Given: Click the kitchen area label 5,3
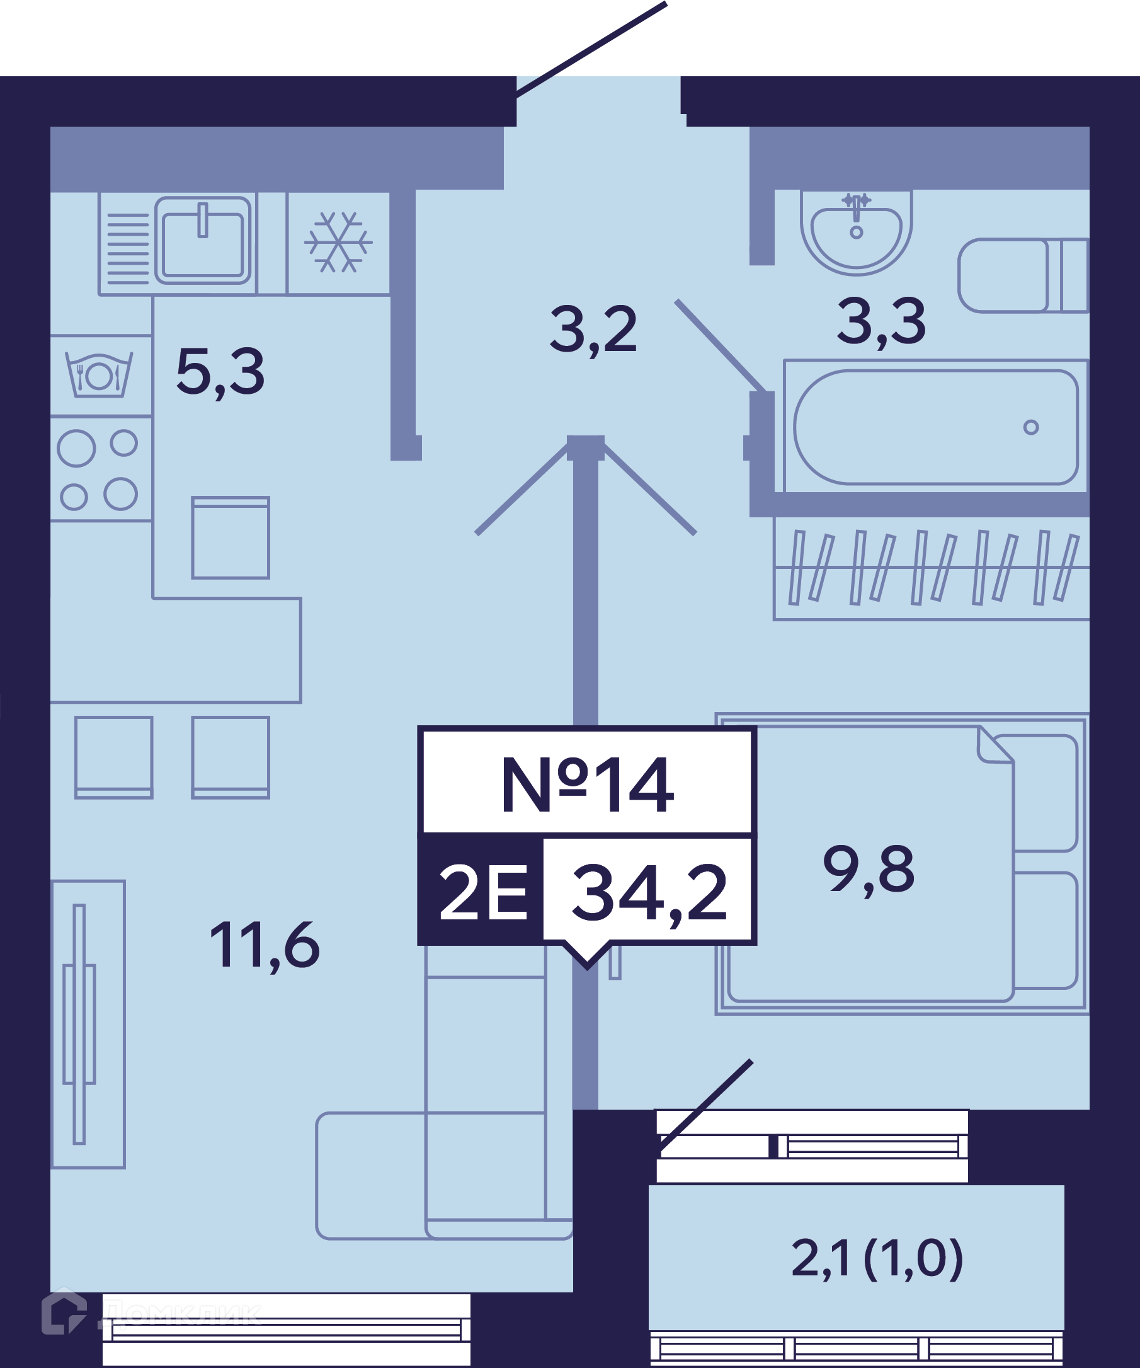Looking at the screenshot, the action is click(x=220, y=372).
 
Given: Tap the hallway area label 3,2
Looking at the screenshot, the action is click(x=593, y=331).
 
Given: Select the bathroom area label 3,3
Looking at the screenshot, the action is click(x=881, y=322).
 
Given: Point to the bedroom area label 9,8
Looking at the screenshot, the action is click(x=869, y=870).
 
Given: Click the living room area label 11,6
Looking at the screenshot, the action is click(x=265, y=945).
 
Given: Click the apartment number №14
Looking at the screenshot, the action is click(x=587, y=785).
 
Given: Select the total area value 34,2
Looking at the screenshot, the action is click(x=649, y=893).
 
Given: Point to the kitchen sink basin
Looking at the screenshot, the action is click(x=202, y=241).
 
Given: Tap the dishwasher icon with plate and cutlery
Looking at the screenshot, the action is click(x=100, y=375).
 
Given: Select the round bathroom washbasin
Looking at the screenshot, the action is click(x=856, y=231).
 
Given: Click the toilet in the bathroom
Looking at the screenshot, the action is click(x=1023, y=275).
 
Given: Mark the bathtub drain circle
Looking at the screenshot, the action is click(x=1030, y=427).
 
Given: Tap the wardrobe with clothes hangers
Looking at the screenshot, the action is click(x=932, y=568).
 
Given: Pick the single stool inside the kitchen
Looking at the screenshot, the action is click(x=231, y=538).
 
